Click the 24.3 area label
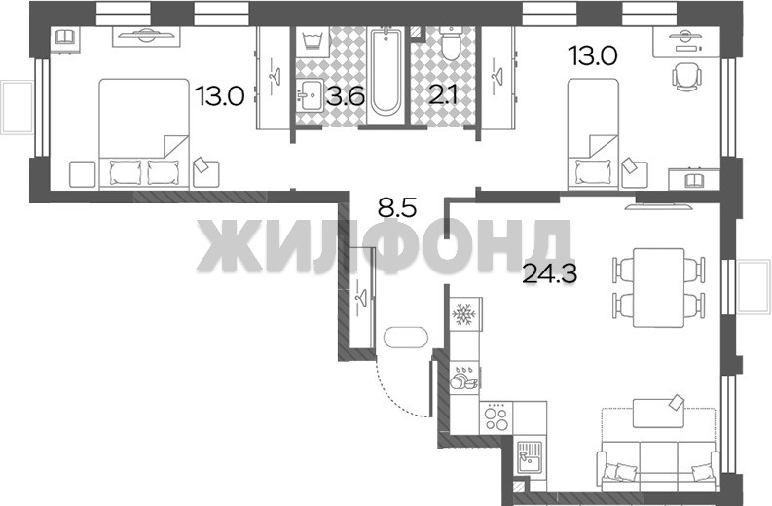point(549,273)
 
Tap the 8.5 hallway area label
point(397,207)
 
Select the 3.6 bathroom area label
point(346,96)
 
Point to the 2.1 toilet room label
point(443,96)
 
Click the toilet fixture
point(451,43)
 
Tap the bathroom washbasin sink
point(311,95)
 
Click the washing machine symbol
point(312,41)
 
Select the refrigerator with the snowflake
point(464,313)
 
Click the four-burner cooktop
point(496,417)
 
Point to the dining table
point(659,288)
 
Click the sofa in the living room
point(659,465)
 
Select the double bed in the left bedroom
point(144,134)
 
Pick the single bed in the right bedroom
point(593,134)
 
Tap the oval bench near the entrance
point(406,337)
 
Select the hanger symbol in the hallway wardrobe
point(361,298)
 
